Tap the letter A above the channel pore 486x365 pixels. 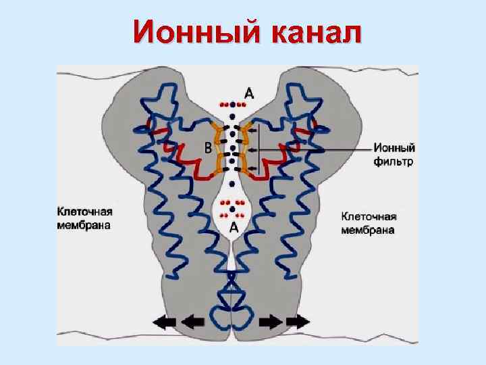coord(248,95)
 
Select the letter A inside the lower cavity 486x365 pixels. coord(234,228)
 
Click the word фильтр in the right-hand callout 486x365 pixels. coord(393,162)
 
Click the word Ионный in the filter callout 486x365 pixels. coord(394,149)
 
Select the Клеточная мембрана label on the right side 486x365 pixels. coord(369,223)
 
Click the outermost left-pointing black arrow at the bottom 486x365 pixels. coord(165,322)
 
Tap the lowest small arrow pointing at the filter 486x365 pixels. coord(253,168)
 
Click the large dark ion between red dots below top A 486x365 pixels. coord(233,105)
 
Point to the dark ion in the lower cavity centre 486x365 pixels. coord(233,209)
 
